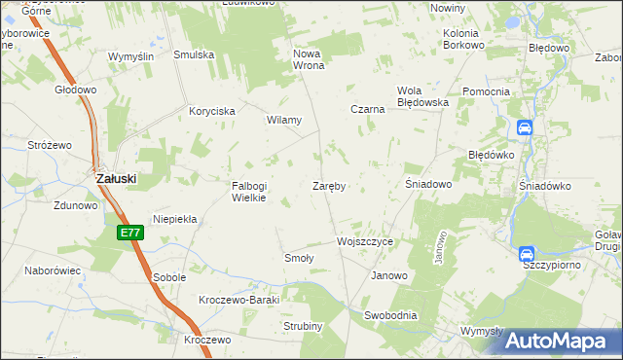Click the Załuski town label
pos(115,179)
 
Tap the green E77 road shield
pos(130,233)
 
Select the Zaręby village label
pos(330,185)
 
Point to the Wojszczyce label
pos(364,240)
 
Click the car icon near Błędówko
pos(524,127)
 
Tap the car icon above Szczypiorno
pos(527,253)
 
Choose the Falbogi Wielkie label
pos(248,192)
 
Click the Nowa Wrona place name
pos(308,59)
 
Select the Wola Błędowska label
pos(422,96)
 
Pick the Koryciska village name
pos(212,112)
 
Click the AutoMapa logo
pos(556,341)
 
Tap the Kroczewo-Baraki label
pos(238,300)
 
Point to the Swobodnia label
pos(390,315)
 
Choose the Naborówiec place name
pos(53,270)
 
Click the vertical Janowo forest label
pos(440,247)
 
